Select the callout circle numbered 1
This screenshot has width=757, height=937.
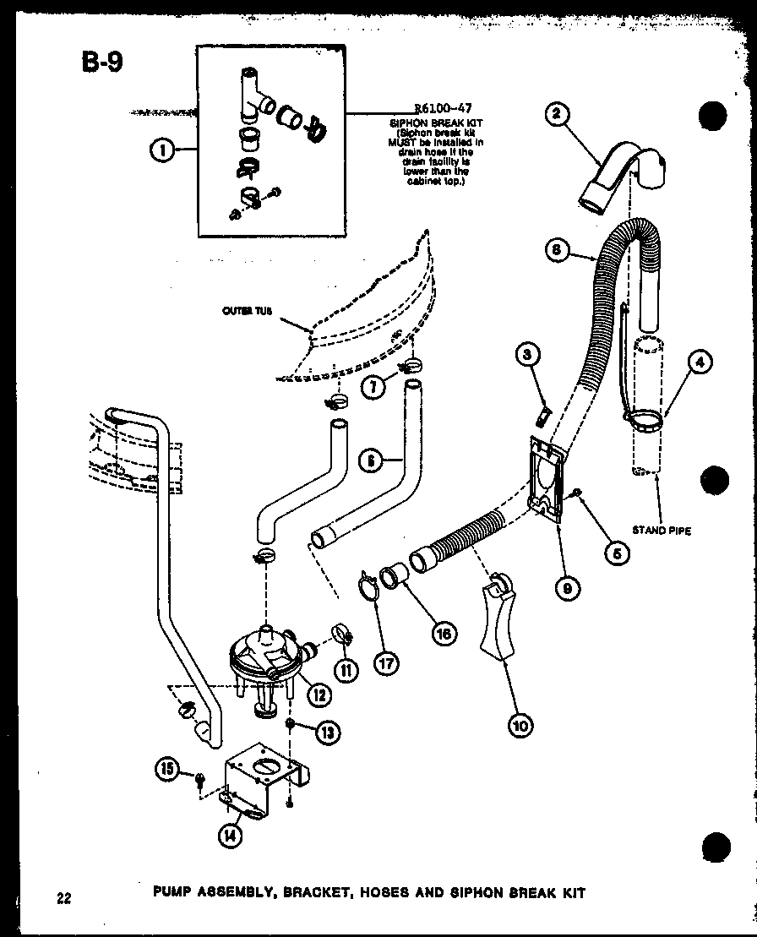[161, 150]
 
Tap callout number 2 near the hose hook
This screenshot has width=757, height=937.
[555, 116]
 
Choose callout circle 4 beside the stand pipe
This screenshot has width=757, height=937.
[700, 362]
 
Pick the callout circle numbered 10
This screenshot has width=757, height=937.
[521, 724]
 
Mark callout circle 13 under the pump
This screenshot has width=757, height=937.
[328, 732]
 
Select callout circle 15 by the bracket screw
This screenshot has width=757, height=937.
[167, 768]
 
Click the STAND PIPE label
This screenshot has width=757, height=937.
[662, 531]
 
